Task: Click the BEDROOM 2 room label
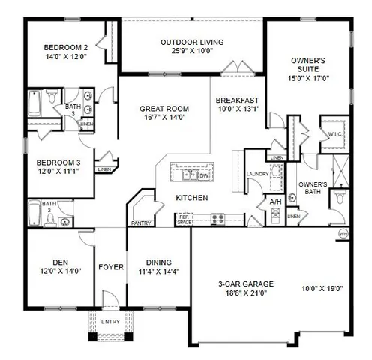(x=66, y=48)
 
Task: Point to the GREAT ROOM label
(x=163, y=109)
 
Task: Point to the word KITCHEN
(x=191, y=198)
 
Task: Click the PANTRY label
(x=139, y=223)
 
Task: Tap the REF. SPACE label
(x=184, y=220)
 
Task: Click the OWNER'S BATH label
(x=313, y=188)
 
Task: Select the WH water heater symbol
(x=344, y=233)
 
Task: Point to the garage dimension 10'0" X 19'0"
(x=322, y=288)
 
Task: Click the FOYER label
(x=111, y=265)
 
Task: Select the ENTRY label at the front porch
(x=109, y=322)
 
